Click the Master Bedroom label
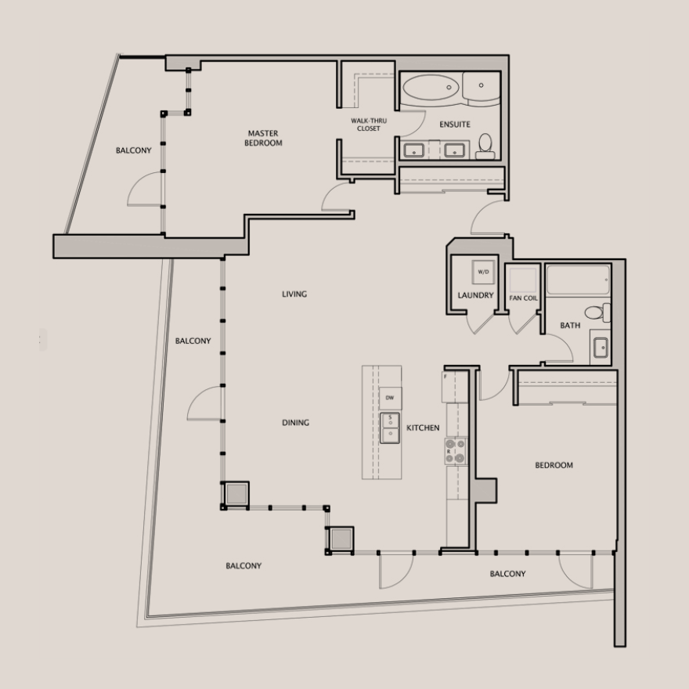pos(263,138)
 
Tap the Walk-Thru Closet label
pos(369,124)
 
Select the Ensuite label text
pos(455,124)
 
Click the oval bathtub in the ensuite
pos(431,88)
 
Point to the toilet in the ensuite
pos(485,146)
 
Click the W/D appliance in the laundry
pos(483,272)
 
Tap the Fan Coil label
pos(523,298)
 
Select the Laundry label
pos(475,295)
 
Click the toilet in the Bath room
pos(597,312)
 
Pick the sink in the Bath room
pos(601,347)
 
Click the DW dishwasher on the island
pos(390,398)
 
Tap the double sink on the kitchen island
pos(390,427)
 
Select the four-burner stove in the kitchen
pos(456,451)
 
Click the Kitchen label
pos(423,427)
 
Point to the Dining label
pos(295,423)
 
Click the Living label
pos(294,294)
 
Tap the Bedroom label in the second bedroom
pos(554,465)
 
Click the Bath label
pos(570,325)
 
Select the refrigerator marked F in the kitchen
pos(455,387)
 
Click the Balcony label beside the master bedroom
pos(134,150)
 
